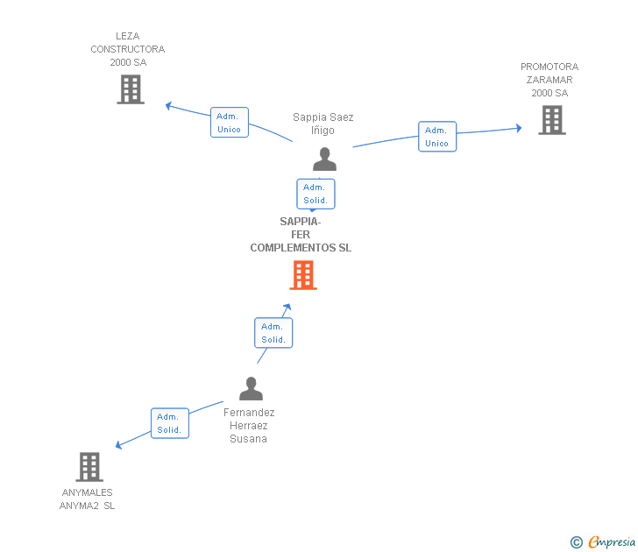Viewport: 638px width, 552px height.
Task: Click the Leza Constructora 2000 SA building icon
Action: click(131, 89)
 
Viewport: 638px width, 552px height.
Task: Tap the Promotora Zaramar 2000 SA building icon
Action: click(552, 120)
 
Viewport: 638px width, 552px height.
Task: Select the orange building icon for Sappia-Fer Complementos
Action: click(303, 275)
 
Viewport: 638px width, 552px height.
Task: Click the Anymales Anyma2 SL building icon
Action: click(89, 467)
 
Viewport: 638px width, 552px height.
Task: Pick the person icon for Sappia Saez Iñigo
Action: click(324, 159)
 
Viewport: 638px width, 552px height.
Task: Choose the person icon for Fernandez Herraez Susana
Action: click(252, 388)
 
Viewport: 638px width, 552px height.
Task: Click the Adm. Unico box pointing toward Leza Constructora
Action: click(230, 123)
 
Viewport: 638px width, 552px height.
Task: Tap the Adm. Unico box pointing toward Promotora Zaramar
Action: click(436, 137)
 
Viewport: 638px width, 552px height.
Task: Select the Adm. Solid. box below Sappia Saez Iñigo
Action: click(315, 194)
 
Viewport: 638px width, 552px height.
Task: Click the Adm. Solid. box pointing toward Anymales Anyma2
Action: click(169, 423)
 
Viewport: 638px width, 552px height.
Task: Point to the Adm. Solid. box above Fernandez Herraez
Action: click(273, 333)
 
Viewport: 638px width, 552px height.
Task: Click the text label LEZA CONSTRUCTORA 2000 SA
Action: click(128, 50)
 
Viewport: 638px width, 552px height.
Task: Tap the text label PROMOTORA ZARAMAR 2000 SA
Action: click(549, 80)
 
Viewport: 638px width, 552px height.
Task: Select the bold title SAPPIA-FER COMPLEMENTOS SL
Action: click(301, 235)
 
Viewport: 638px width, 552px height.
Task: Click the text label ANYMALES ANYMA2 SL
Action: click(88, 499)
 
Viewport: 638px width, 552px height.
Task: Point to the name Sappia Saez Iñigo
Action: click(323, 124)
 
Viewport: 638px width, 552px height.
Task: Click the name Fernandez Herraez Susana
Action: click(249, 426)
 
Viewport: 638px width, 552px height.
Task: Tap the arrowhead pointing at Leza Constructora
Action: click(169, 106)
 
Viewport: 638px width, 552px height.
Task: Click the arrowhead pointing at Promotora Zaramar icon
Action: click(518, 129)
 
